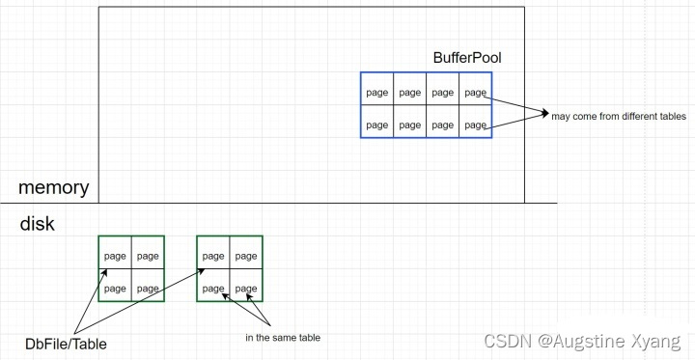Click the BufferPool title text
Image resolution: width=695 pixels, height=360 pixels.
coord(467,58)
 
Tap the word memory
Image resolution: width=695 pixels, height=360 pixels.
coord(53,187)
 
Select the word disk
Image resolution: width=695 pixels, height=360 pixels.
coord(38,224)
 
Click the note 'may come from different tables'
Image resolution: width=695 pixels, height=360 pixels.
coord(619,116)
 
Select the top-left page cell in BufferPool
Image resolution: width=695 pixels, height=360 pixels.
coord(377,93)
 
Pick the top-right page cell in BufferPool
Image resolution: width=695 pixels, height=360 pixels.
coord(475,93)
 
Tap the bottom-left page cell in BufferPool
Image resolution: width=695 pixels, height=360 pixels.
coord(377,125)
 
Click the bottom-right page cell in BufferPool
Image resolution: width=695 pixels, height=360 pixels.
coord(475,125)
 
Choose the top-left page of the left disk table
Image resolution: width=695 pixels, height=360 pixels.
coord(115,256)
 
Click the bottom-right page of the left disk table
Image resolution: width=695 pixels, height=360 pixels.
coord(148,289)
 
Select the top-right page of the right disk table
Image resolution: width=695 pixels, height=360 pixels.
coord(246,256)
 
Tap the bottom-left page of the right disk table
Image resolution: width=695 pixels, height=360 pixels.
coord(213,289)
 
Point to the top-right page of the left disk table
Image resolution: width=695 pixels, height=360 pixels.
coord(148,256)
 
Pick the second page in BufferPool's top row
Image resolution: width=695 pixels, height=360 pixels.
coord(410,93)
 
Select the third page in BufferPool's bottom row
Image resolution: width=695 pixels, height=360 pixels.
coord(442,125)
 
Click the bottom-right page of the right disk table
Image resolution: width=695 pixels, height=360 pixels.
coord(246,289)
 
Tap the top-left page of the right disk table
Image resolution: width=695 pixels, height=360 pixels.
coord(213,256)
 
